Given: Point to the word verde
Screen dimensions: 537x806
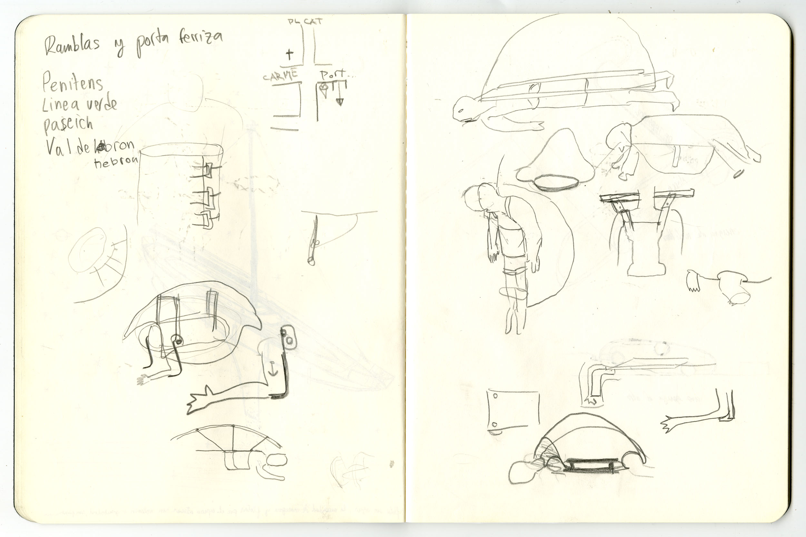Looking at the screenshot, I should point(101,104).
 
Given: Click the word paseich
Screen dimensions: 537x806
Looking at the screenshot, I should point(68,125).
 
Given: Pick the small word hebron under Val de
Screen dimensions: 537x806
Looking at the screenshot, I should point(116,162).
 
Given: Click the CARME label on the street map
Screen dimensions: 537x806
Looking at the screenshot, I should point(280,76).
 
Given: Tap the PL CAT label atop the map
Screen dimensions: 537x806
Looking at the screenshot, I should point(305,22).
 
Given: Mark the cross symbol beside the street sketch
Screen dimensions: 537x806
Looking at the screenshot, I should point(290,54).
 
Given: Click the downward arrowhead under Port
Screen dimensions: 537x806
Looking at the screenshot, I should point(339,102).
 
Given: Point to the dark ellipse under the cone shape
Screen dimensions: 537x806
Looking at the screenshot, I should point(556,182).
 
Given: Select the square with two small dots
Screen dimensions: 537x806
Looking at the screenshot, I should point(512,410).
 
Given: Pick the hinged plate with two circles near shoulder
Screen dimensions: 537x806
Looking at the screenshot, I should point(289,337).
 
